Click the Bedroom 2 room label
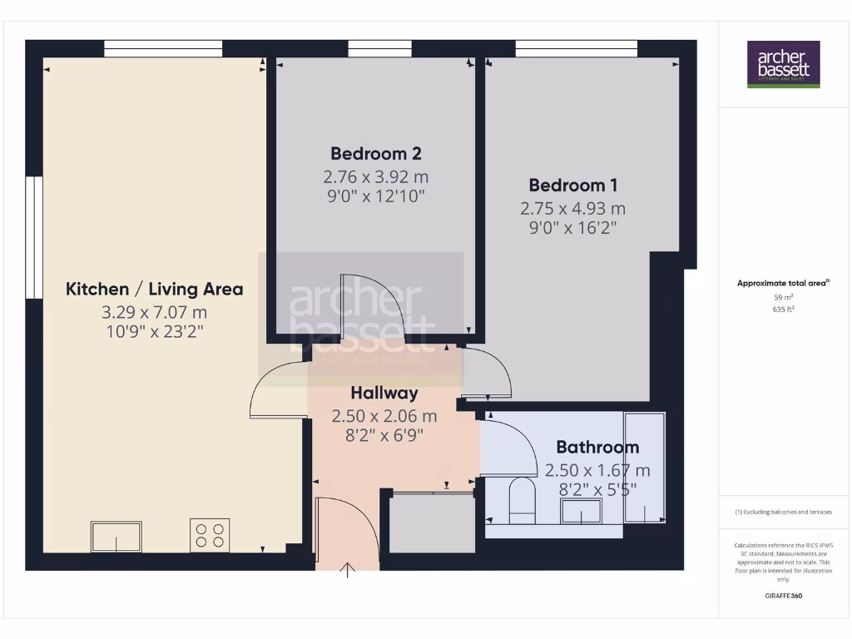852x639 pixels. (375, 153)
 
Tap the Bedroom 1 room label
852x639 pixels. (573, 185)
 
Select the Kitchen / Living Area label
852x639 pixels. (155, 290)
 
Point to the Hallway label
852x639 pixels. (384, 393)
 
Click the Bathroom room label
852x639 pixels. (597, 448)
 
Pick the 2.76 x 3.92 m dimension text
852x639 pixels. (375, 176)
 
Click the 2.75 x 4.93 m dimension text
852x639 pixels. (573, 208)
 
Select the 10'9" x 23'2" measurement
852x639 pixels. (155, 331)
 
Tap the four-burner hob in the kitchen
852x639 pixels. (210, 534)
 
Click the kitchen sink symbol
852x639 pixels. (116, 536)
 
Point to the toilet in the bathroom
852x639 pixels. (522, 501)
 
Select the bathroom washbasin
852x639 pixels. (582, 511)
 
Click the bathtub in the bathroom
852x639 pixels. (644, 468)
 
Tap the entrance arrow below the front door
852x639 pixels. (348, 569)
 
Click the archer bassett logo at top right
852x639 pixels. (783, 64)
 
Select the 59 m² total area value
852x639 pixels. (782, 296)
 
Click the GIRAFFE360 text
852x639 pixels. (783, 596)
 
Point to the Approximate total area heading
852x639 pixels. (782, 283)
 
